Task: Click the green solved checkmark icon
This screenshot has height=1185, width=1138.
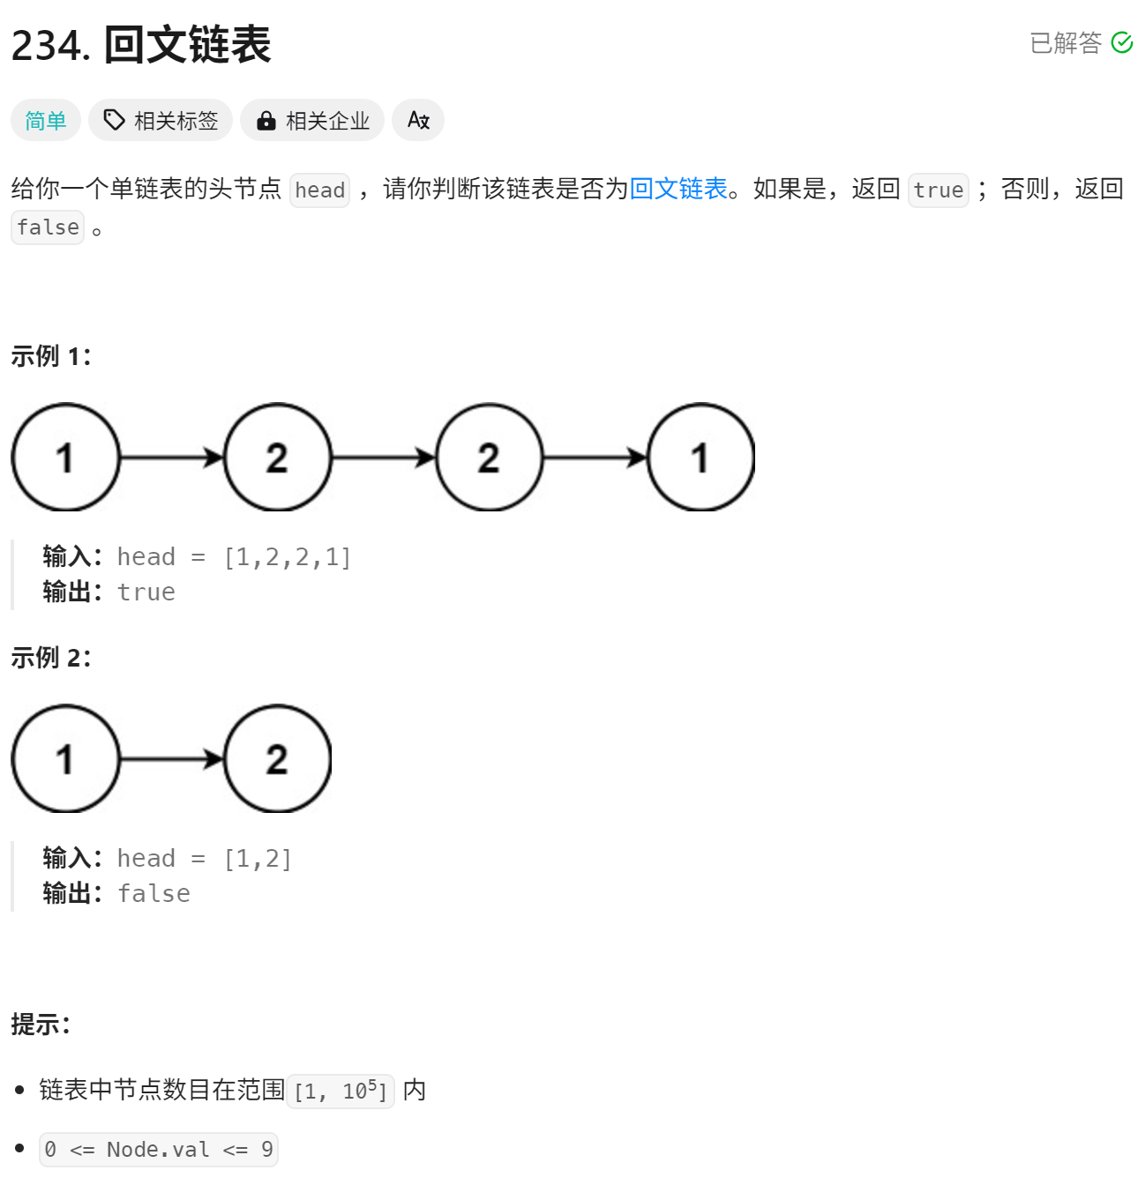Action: (1121, 42)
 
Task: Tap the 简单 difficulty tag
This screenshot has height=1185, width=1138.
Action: (46, 121)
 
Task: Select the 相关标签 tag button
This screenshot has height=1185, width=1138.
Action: (161, 121)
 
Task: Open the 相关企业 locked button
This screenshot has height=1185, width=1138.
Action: (312, 121)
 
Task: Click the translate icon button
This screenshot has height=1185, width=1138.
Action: (418, 121)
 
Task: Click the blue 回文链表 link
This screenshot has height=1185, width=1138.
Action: (678, 189)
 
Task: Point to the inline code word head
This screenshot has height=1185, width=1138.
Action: (319, 190)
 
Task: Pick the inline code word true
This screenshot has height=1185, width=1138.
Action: (938, 190)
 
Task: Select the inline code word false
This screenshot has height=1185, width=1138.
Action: (48, 227)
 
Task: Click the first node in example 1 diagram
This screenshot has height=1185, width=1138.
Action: (65, 458)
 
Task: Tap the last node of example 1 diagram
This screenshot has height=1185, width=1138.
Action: (700, 458)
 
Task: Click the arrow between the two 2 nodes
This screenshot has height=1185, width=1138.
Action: (384, 458)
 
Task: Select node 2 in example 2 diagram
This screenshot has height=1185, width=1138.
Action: (277, 759)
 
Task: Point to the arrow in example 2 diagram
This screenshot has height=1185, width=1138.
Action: (172, 759)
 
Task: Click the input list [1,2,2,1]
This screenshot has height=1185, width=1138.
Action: (288, 557)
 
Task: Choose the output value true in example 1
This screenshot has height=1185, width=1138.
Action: (146, 592)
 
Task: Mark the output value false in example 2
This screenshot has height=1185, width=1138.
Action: (153, 894)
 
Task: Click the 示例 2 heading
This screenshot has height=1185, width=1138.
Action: (51, 658)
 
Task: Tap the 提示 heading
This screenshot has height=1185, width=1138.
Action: (41, 1025)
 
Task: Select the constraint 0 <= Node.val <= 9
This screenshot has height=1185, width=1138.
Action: (159, 1150)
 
